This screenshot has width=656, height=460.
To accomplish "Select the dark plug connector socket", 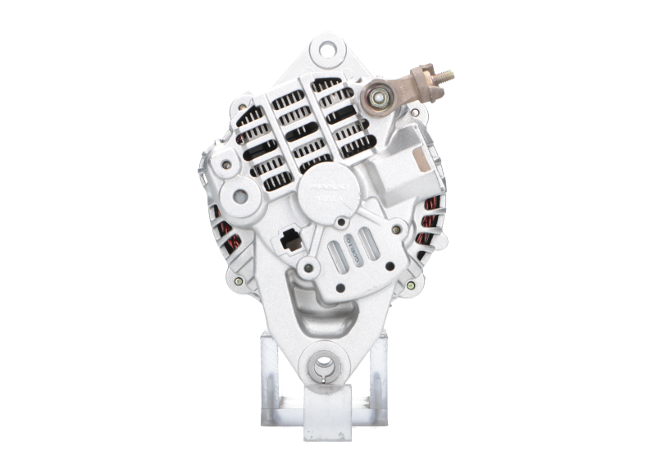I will [x=289, y=239].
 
